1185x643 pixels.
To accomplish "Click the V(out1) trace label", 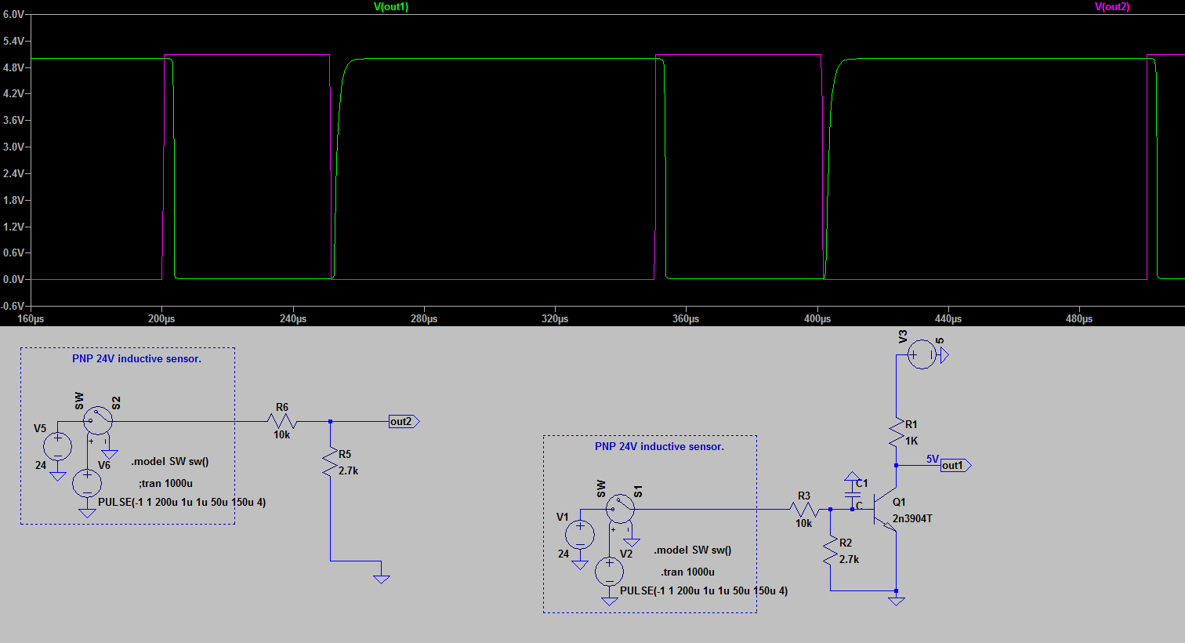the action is [x=391, y=7].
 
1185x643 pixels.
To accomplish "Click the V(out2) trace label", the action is [x=1112, y=7].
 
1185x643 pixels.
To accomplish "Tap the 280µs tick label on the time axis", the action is [x=424, y=318].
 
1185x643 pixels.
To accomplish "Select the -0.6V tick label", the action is [x=13, y=306].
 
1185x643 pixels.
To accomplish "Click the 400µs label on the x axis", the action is [x=817, y=318].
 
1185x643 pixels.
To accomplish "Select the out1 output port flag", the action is [x=955, y=465].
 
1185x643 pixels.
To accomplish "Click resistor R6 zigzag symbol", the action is [x=281, y=421].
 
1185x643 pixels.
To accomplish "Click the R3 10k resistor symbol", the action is [x=804, y=510].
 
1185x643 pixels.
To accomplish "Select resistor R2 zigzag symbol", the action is [x=831, y=551].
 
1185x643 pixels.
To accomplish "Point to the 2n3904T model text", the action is [x=912, y=518].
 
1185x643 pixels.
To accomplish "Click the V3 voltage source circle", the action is [x=922, y=354].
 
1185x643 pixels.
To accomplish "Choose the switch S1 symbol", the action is [x=620, y=509].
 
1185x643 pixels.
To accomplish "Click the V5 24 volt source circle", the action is [x=58, y=446].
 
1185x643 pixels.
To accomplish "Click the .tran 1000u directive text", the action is [x=688, y=572].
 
